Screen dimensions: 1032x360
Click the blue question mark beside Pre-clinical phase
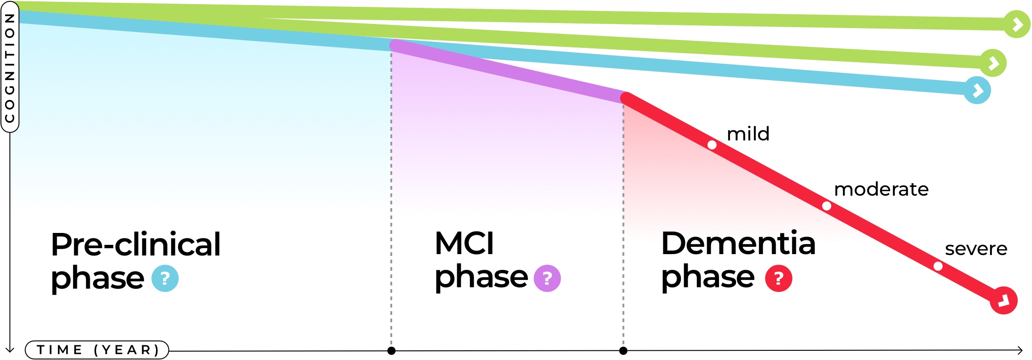[165, 279]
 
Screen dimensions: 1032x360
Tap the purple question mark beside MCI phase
[547, 279]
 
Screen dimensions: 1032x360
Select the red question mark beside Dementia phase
[778, 279]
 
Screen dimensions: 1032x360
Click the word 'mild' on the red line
[748, 134]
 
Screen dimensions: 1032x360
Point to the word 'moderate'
[881, 189]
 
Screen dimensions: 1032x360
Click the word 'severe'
[976, 249]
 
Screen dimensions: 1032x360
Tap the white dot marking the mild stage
[712, 145]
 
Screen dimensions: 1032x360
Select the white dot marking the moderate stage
[827, 206]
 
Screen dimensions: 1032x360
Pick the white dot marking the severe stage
[938, 266]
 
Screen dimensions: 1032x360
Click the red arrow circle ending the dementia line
[1003, 301]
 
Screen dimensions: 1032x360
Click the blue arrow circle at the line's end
[977, 90]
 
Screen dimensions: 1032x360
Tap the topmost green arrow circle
[1017, 24]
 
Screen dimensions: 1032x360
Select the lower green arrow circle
[993, 63]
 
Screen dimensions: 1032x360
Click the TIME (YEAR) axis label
[97, 350]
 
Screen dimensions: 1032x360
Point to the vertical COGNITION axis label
[10, 67]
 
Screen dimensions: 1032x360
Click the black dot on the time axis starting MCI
[391, 351]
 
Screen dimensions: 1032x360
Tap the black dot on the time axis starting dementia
[623, 351]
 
